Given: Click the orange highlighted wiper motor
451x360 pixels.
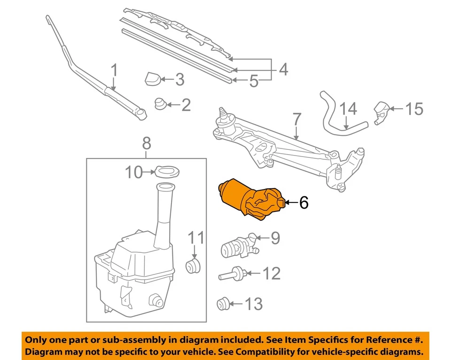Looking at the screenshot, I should point(249,199).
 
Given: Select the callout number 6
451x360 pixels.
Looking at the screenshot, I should point(304,203).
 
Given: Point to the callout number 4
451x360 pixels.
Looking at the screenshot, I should point(283,70).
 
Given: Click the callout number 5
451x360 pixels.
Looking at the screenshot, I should point(254,82).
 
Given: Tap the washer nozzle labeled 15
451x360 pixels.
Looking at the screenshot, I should point(381,112).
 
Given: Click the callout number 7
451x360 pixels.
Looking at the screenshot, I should point(296,119).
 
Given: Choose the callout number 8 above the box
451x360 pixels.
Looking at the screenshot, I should point(146,142).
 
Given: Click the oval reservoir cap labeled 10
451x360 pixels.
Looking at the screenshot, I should point(166,172).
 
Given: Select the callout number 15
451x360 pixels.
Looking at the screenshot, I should point(414,109).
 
